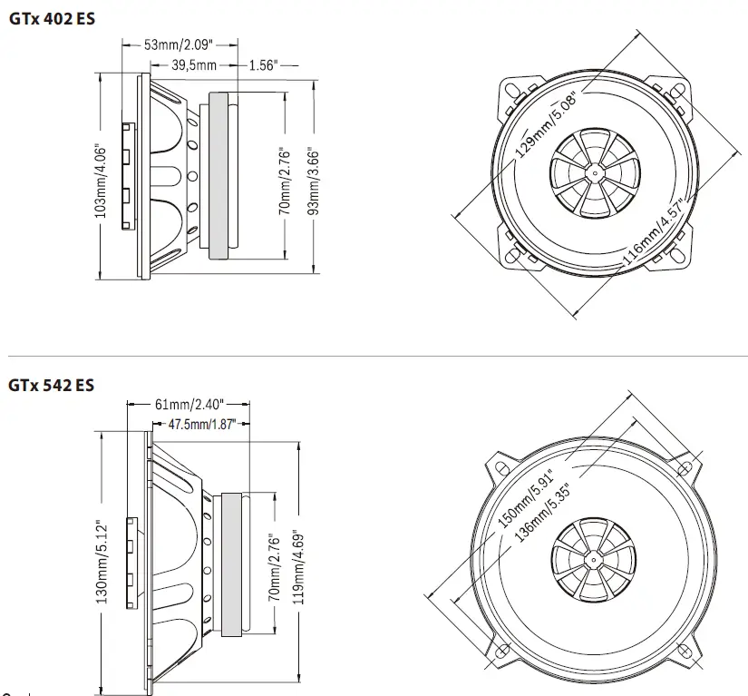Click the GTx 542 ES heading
51,385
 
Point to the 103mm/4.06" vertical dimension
102,181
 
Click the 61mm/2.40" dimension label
189,404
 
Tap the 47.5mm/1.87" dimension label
201,424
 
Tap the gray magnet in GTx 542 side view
232,563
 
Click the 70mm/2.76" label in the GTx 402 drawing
283,181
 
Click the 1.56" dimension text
262,64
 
